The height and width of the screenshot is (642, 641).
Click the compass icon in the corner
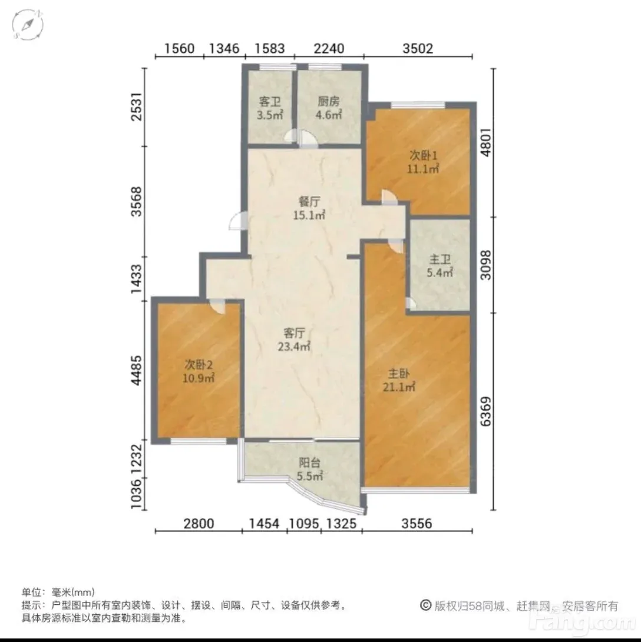click(27, 25)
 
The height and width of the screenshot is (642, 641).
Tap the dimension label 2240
click(329, 49)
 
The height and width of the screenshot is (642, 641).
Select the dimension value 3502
click(418, 49)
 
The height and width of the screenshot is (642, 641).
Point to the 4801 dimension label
click(485, 142)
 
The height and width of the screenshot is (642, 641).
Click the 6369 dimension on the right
click(485, 411)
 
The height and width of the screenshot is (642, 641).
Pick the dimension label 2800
click(199, 524)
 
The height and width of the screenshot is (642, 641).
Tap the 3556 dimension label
click(417, 524)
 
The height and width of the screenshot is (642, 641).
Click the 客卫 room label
click(270, 101)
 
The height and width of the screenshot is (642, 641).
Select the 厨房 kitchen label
click(328, 101)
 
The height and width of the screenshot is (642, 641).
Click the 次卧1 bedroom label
click(424, 155)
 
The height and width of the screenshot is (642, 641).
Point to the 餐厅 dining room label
click(309, 201)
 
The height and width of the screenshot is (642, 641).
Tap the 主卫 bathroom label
click(440, 259)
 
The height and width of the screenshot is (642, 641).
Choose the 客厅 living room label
click(294, 333)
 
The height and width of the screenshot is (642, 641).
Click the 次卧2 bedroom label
click(199, 364)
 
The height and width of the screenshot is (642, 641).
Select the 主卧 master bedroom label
click(399, 374)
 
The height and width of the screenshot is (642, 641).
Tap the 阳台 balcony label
click(309, 463)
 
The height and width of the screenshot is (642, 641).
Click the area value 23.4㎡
click(294, 347)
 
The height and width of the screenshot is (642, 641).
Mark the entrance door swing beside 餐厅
click(237, 221)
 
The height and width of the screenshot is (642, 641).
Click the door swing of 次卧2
click(216, 306)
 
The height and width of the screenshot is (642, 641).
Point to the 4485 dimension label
click(137, 370)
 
